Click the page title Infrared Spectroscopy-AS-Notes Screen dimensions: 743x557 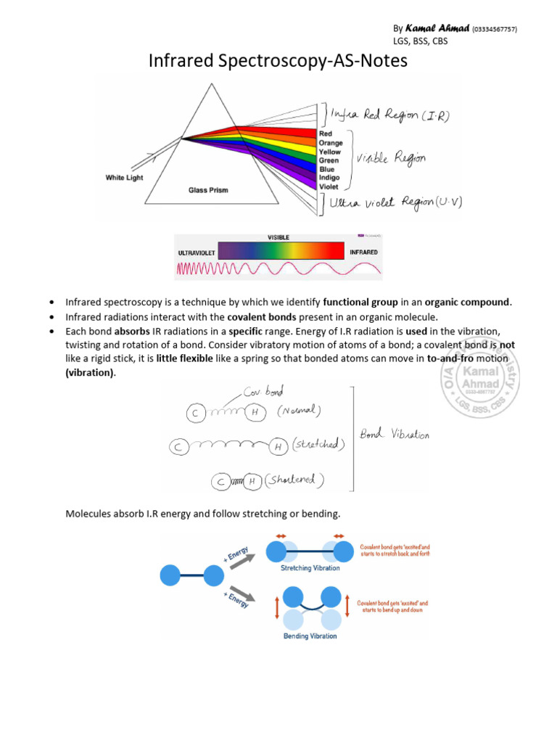pyautogui.click(x=278, y=62)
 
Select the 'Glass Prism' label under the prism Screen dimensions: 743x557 pyautogui.click(x=208, y=190)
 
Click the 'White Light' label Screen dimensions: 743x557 pyautogui.click(x=124, y=178)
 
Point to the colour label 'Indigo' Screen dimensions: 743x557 pyautogui.click(x=329, y=178)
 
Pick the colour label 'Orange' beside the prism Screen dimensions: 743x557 pyautogui.click(x=331, y=143)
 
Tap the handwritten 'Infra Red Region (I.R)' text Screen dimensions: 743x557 pyautogui.click(x=388, y=115)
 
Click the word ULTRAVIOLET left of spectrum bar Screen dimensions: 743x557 pyautogui.click(x=197, y=253)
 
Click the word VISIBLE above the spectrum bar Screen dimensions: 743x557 pyautogui.click(x=278, y=237)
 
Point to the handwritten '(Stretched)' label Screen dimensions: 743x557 pyautogui.click(x=316, y=444)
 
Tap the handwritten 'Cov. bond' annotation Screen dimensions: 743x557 pyautogui.click(x=263, y=391)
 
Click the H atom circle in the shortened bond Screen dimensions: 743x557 pyautogui.click(x=252, y=481)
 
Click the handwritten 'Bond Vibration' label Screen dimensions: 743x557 pyautogui.click(x=395, y=435)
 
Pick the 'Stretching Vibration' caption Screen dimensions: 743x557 pyautogui.click(x=310, y=568)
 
